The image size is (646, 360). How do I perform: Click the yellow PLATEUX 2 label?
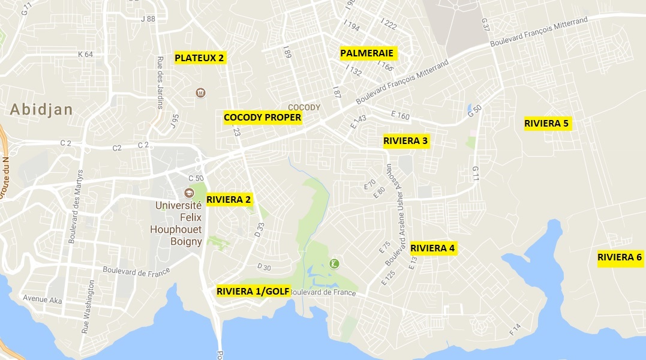pyautogui.click(x=199, y=58)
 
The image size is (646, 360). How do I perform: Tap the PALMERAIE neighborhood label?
pyautogui.click(x=366, y=53)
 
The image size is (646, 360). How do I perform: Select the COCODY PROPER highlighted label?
pyautogui.click(x=262, y=118)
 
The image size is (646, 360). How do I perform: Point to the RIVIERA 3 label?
pyautogui.click(x=406, y=141)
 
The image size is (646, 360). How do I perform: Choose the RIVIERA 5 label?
pyautogui.click(x=546, y=124)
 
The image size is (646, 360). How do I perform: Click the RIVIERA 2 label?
pyautogui.click(x=229, y=199)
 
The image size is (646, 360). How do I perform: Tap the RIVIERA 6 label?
pyautogui.click(x=620, y=257)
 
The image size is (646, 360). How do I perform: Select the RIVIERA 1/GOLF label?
pyautogui.click(x=253, y=292)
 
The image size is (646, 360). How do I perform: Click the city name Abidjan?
pyautogui.click(x=41, y=109)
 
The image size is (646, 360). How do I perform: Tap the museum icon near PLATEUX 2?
pyautogui.click(x=200, y=92)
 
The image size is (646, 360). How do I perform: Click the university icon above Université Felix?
pyautogui.click(x=189, y=193)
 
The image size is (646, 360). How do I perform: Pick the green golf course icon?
pyautogui.click(x=334, y=263)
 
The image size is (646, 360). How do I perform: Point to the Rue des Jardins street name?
pyautogui.click(x=160, y=83)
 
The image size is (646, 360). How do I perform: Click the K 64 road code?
pyautogui.click(x=86, y=54)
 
